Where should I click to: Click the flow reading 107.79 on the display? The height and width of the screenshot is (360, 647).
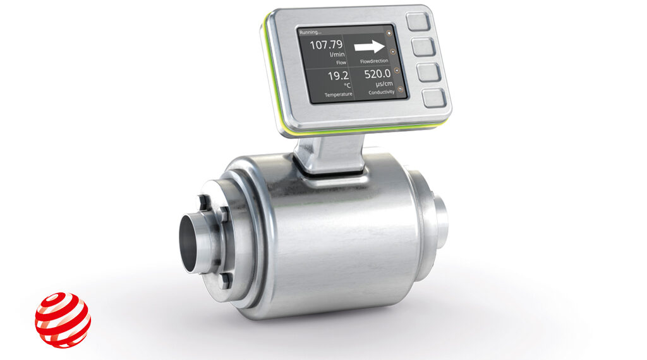pos(325,45)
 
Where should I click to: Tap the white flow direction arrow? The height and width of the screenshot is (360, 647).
pos(369,46)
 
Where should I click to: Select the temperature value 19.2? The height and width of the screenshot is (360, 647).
pos(337,77)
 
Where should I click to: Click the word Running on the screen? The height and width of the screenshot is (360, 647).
pos(311,32)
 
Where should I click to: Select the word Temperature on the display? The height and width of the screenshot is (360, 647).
pos(338,94)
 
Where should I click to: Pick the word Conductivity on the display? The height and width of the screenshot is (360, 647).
pos(381,92)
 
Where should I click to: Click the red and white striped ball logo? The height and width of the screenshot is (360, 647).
pos(63,320)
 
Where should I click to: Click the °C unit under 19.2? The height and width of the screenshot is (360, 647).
pos(346,86)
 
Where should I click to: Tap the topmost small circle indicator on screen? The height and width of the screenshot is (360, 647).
pos(389,33)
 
